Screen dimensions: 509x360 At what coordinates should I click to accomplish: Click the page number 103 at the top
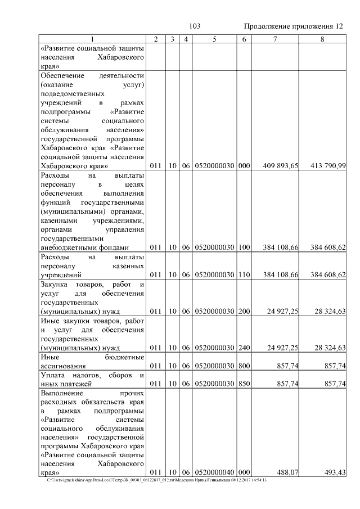tap(195, 26)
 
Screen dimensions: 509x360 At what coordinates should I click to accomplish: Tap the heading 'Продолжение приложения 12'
tap(293, 26)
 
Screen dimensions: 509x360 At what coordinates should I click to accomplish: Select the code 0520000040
tap(214, 472)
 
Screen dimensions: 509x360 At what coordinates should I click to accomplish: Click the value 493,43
tap(335, 472)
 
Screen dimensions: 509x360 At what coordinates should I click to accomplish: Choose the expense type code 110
tap(244, 275)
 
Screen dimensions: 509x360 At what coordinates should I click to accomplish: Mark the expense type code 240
tap(244, 348)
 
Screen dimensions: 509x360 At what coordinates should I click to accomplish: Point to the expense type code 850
tap(244, 384)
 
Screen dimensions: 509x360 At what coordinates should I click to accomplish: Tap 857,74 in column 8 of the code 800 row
tap(335, 366)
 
